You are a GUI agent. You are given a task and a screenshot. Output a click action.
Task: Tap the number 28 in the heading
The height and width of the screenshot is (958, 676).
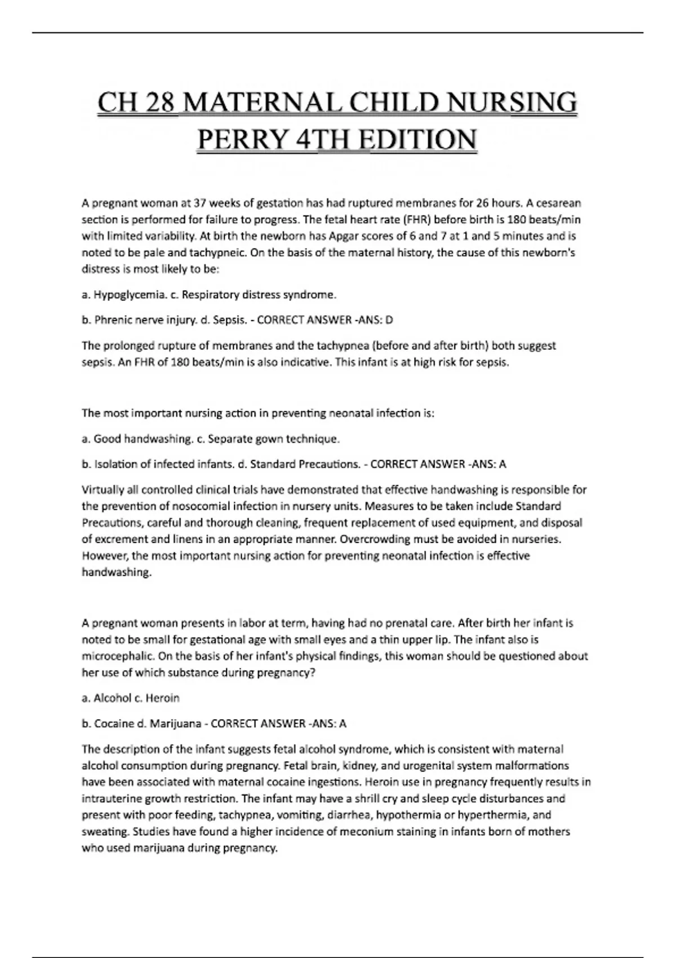(x=159, y=103)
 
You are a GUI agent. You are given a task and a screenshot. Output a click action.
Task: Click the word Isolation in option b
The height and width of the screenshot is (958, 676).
(x=113, y=464)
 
